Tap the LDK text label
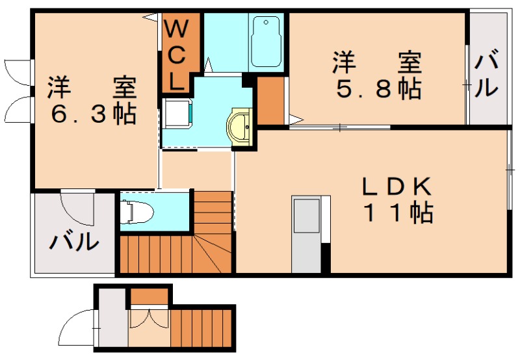pyautogui.click(x=396, y=187)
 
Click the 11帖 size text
pyautogui.click(x=396, y=212)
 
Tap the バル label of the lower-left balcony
pyautogui.click(x=75, y=242)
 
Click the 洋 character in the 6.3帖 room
pyautogui.click(x=58, y=86)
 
